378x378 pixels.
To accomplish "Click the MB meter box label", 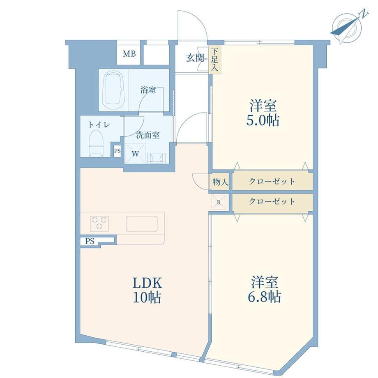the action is tap(129, 53).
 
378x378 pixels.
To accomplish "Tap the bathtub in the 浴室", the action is tap(113, 90).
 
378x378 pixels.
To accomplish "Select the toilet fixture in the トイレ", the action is tap(96, 143).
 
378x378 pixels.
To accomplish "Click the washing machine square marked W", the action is tap(135, 153).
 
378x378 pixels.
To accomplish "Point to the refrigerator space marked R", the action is tap(219, 202).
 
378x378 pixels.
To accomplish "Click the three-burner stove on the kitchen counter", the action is tap(99, 223).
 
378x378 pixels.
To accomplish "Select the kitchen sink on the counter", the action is tap(142, 224).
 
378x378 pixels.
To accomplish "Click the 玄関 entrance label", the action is tap(195, 58).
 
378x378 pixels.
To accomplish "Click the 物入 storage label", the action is tap(220, 182).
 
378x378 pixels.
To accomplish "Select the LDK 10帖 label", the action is tap(147, 291).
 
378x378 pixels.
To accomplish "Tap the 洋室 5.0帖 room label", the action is tap(263, 113).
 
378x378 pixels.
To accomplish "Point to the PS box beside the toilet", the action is tap(117, 151).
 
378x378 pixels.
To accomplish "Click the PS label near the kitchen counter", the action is tap(90, 241).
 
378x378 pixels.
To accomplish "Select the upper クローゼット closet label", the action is tap(272, 181).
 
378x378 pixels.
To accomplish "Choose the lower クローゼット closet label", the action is tap(272, 201).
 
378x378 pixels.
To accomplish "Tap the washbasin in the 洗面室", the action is tap(157, 158).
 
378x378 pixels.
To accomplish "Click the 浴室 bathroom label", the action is tap(148, 90).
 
